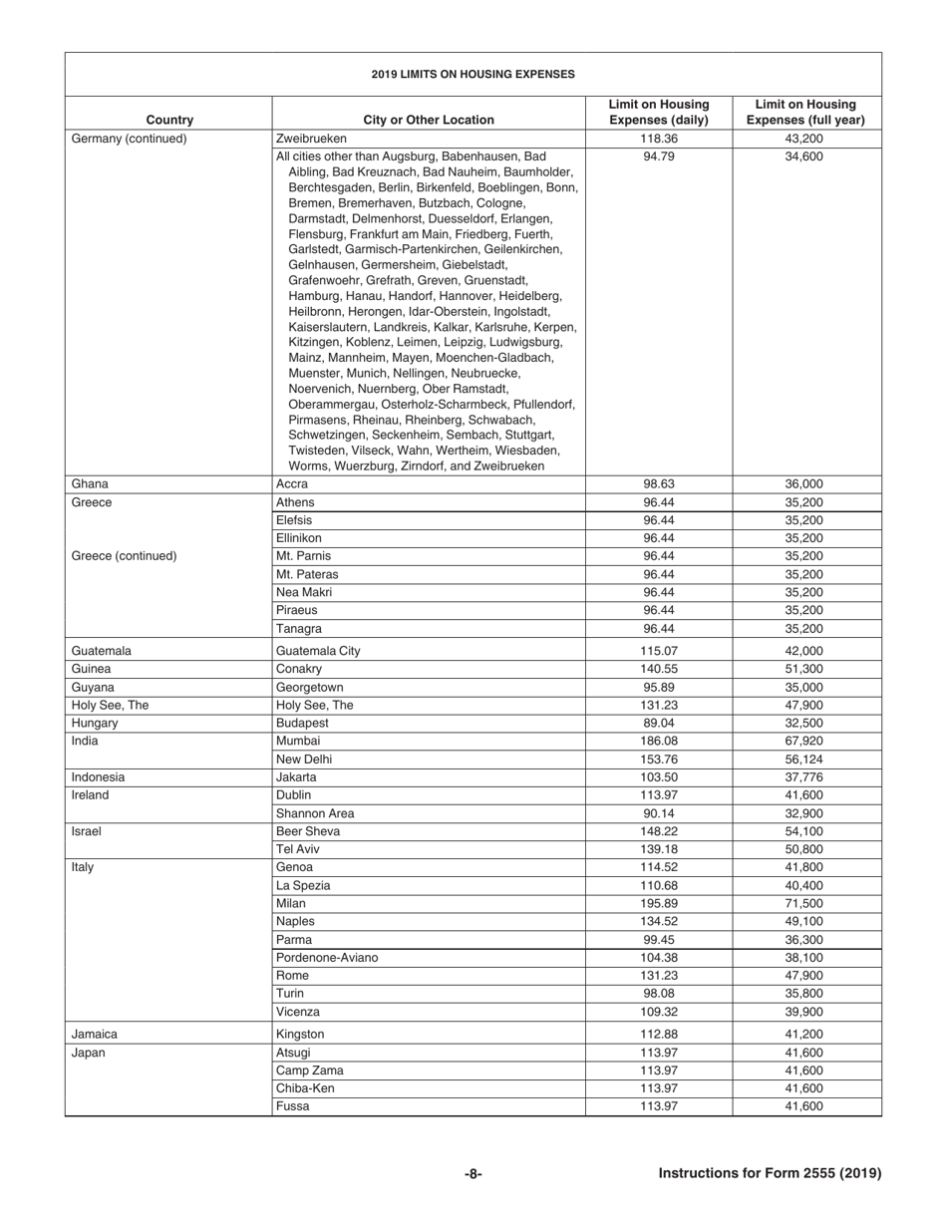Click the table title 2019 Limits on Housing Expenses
coord(473,74)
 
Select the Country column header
coord(168,120)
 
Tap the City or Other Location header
coord(429,120)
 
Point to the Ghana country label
coord(90,484)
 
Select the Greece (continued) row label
coord(124,555)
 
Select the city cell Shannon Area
coord(315,813)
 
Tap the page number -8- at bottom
coord(473,1173)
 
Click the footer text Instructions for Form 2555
coord(770,1173)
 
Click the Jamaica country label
coord(96,1034)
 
